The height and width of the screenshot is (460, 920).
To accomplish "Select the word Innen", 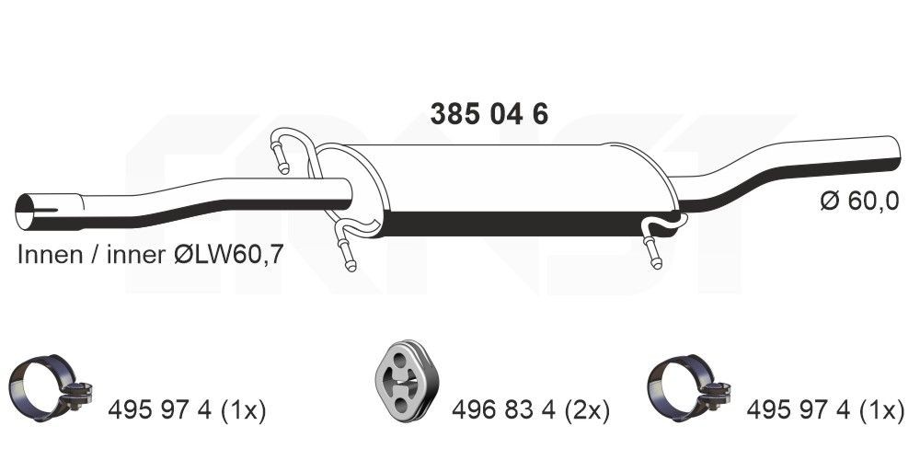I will [49, 256].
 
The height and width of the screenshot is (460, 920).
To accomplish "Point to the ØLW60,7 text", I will [223, 256].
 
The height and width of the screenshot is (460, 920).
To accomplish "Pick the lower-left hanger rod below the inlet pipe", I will [345, 248].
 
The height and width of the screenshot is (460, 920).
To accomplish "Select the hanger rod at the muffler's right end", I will [656, 244].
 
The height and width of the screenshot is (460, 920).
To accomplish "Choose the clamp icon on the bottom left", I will [46, 386].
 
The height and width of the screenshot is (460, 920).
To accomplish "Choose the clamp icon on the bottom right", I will [685, 386].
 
